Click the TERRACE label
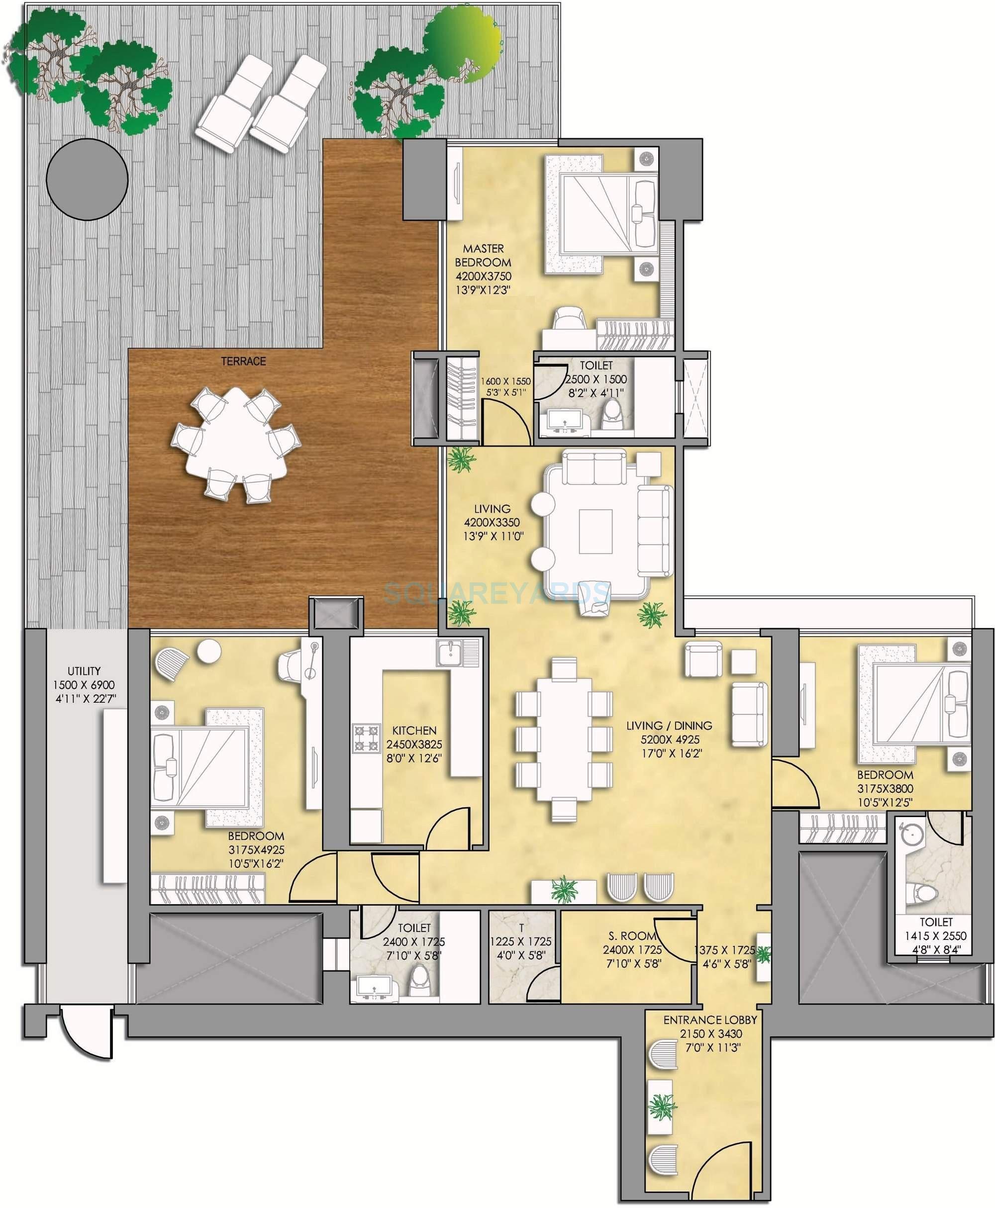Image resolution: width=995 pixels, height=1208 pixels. click(x=244, y=362)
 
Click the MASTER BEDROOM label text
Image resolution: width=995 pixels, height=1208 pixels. click(x=483, y=256)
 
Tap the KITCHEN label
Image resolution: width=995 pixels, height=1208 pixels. click(x=414, y=731)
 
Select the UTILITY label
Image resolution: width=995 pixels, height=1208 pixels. click(x=84, y=670)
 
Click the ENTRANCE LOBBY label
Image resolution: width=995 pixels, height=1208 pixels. click(x=710, y=1020)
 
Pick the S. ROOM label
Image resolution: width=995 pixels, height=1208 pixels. click(x=632, y=936)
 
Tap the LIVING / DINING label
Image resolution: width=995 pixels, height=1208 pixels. click(x=670, y=726)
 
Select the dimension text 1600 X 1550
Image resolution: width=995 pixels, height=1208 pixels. click(x=505, y=380)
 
